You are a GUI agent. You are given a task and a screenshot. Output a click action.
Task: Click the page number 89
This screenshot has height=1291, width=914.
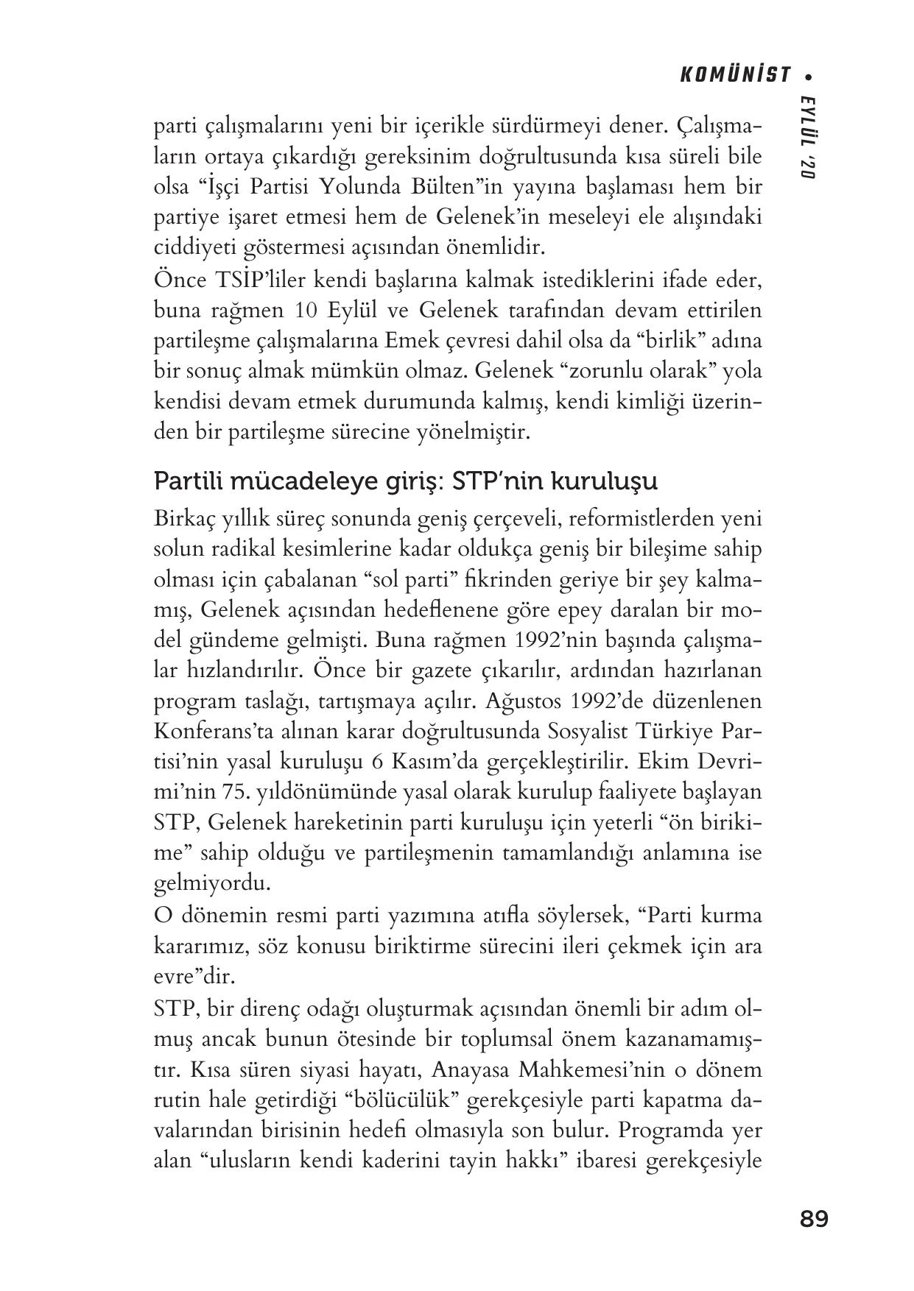(814, 1219)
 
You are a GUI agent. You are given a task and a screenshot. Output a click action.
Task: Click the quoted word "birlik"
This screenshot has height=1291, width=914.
(672, 342)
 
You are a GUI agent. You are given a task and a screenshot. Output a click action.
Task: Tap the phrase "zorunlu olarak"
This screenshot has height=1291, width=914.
(635, 371)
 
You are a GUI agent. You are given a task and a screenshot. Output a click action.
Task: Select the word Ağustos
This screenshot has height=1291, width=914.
(525, 701)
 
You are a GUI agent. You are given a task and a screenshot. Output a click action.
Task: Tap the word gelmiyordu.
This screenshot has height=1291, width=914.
(212, 883)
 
